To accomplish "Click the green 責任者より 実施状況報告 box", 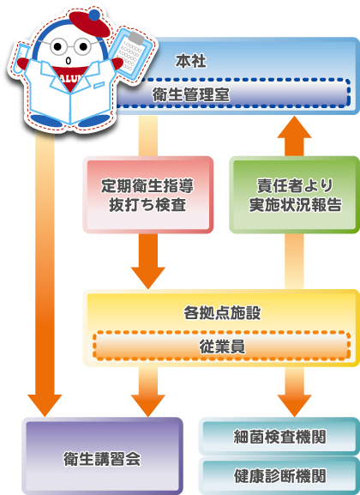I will click(x=295, y=195).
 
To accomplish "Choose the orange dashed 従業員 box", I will click(x=221, y=345).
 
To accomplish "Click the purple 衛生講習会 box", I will click(x=103, y=457).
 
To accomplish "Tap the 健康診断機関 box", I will click(x=279, y=474).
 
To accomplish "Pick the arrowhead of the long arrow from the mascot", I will click(x=44, y=401).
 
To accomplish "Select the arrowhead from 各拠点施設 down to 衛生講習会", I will click(x=148, y=401).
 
